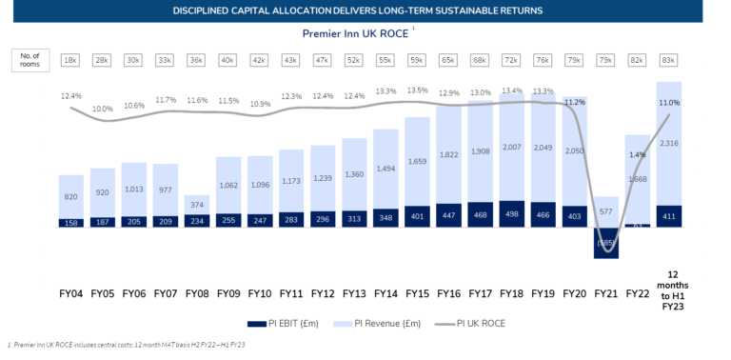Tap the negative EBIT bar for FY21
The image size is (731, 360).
[x=605, y=243]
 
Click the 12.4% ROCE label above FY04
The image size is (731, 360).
[x=71, y=96]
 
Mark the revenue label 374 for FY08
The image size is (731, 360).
[x=198, y=204]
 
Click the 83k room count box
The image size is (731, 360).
[x=668, y=60]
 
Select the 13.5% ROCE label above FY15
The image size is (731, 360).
[x=417, y=91]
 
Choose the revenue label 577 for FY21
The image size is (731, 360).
[x=605, y=212]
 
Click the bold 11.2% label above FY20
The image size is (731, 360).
[x=574, y=101]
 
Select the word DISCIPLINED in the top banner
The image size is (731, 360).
[x=210, y=10]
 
